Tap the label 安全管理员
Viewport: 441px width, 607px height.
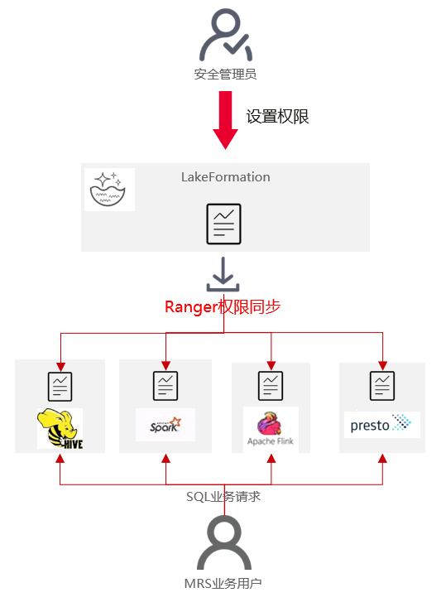point(225,75)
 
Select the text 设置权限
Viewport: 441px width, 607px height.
point(277,117)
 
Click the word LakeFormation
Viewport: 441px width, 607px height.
point(225,177)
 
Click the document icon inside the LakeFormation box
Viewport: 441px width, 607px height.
point(223,224)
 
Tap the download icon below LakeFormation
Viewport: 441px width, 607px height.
point(223,275)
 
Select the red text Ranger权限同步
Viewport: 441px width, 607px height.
point(223,307)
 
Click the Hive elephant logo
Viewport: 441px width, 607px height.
point(60,429)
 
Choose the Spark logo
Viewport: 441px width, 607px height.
point(165,425)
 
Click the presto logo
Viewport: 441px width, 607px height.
point(381,425)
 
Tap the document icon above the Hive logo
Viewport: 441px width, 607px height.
point(60,386)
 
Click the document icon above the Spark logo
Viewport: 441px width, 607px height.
point(165,386)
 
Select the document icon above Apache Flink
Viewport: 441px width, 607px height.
point(271,386)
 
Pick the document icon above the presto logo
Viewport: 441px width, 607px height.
point(381,386)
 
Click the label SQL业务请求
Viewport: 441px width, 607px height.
point(224,496)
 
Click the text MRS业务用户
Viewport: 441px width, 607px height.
point(223,584)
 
